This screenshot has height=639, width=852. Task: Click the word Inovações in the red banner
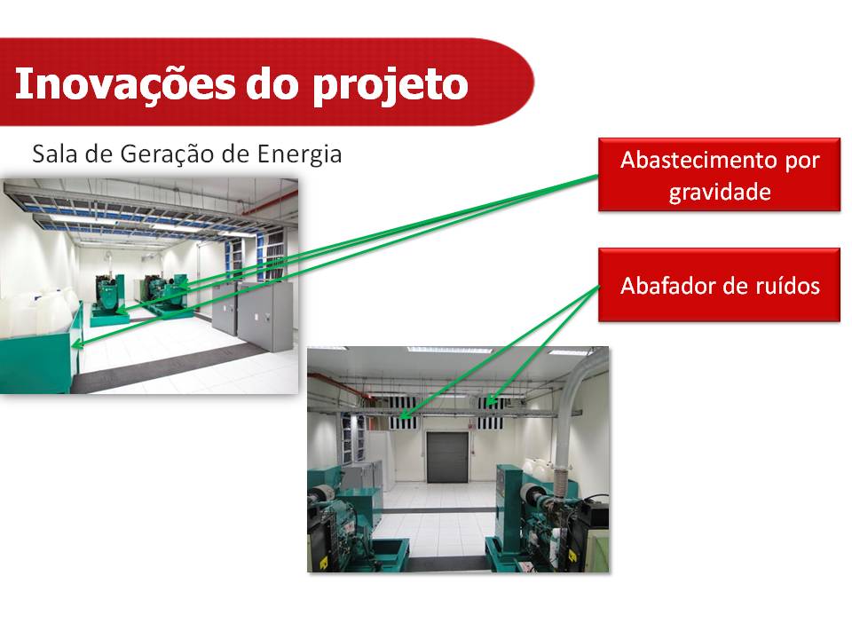coord(125,84)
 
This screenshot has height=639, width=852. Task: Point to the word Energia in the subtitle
coord(299,154)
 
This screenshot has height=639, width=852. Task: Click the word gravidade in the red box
coord(720,192)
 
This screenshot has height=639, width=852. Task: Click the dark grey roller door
coord(447,457)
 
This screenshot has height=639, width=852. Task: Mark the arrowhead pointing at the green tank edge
coord(76,343)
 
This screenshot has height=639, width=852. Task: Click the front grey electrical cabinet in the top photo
coord(266,316)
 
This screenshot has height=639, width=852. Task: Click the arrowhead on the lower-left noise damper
coord(404,415)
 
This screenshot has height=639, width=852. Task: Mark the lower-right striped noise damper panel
coord(491,422)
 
